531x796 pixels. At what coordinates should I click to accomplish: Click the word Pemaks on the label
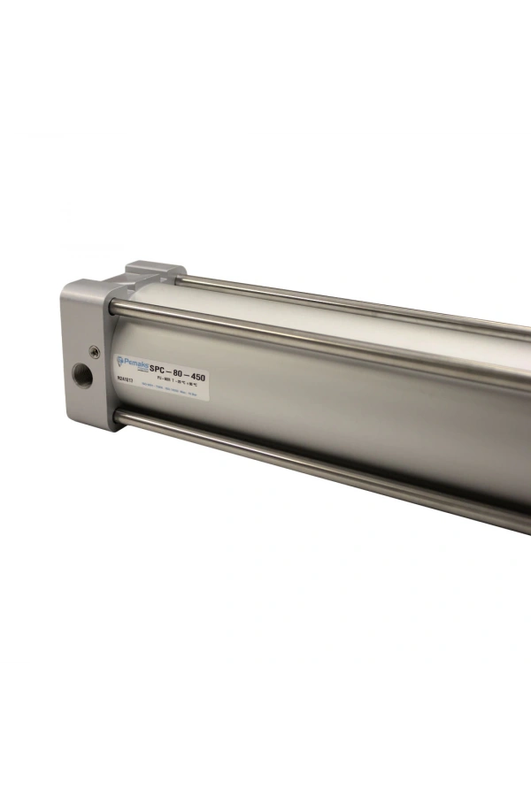(x=135, y=361)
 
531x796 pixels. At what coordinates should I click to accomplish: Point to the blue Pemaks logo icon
(x=119, y=360)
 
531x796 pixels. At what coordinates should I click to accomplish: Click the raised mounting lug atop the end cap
(x=155, y=269)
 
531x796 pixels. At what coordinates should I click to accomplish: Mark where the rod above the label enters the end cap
(x=116, y=307)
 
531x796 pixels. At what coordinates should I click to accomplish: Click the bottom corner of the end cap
(x=111, y=428)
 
